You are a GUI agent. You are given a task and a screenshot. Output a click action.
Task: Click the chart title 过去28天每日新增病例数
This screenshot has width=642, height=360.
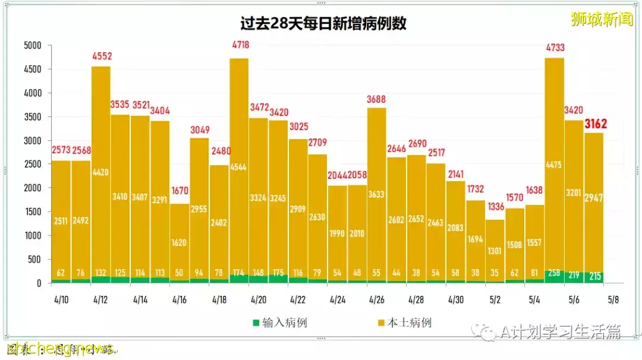323,24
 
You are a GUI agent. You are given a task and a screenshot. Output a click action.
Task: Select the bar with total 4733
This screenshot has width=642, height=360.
555,166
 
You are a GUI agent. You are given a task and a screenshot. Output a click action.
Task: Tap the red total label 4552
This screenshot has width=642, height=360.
102,57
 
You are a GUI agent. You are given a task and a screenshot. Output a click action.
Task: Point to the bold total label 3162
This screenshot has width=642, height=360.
595,124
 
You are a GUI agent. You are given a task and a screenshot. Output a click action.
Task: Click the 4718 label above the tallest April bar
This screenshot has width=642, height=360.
240,45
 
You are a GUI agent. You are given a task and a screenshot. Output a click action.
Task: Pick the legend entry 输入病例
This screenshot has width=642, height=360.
279,323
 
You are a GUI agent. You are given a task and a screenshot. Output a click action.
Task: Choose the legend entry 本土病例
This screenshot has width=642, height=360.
404,323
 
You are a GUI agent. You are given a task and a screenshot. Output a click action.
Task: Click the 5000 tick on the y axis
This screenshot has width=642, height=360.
32,46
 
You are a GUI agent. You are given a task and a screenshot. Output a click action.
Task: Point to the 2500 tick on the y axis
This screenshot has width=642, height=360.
32,165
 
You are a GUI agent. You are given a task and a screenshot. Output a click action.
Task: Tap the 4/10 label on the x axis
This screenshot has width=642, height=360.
61,300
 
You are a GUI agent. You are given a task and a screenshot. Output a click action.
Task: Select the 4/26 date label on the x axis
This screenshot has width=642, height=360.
376,300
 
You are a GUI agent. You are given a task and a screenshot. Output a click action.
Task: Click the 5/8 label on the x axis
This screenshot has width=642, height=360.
614,300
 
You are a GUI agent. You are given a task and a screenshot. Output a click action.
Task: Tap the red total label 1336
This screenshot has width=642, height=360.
495,207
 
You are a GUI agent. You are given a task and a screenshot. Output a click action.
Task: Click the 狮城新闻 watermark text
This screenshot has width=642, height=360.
601,20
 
